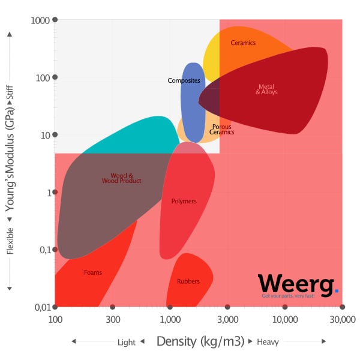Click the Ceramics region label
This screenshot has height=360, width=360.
point(243,43)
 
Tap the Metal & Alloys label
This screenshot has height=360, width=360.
point(266,89)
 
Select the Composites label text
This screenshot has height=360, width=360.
point(184,80)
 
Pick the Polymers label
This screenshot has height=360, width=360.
point(184,202)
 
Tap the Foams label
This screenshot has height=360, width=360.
point(93,272)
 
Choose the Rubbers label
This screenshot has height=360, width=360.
point(188,281)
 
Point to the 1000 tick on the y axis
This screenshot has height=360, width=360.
point(40,20)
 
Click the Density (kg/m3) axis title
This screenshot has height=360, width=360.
point(200,341)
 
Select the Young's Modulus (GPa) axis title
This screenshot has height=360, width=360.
point(10,163)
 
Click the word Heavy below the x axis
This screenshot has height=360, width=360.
point(268,342)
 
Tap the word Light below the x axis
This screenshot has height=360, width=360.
point(127,342)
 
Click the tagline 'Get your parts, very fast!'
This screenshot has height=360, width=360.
point(288,296)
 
